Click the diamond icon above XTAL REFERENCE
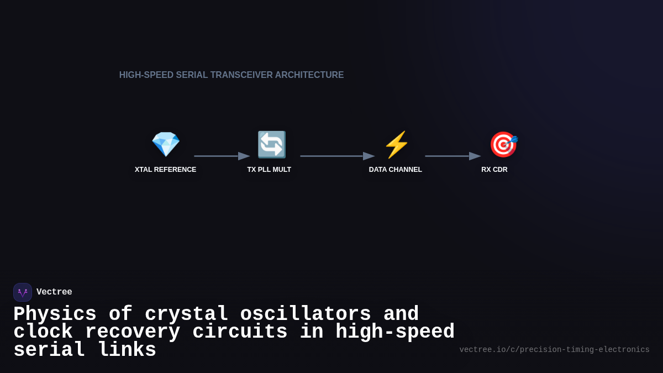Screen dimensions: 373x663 [x=166, y=145]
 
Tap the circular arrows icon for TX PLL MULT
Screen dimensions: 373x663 [x=271, y=145]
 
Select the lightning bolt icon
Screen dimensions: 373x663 [x=396, y=145]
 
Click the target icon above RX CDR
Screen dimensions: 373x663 [x=503, y=145]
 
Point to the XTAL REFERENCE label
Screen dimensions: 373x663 [x=165, y=170]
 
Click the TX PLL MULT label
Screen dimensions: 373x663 [x=269, y=170]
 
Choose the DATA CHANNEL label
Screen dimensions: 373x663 [x=396, y=170]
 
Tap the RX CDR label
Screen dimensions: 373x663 [x=494, y=170]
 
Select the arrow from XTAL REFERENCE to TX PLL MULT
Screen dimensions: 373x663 [x=222, y=156]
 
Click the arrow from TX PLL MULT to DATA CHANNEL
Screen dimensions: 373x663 [x=337, y=156]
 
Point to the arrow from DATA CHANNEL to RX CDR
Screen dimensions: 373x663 [x=452, y=156]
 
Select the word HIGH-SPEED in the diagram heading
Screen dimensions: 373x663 [x=146, y=75]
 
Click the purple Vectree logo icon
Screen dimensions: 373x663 [x=23, y=292]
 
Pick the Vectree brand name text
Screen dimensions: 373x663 [x=54, y=292]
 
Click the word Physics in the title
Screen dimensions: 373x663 [x=55, y=314]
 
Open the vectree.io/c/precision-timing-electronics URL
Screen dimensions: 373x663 [x=554, y=350]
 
